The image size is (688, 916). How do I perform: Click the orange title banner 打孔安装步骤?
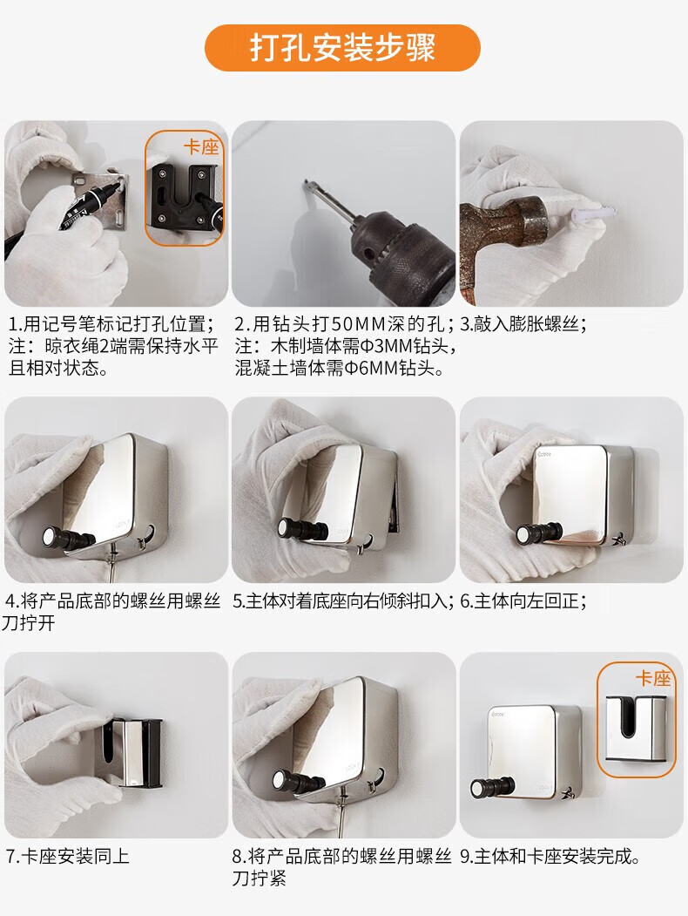[342, 47]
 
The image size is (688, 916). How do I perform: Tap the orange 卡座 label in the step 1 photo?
[201, 146]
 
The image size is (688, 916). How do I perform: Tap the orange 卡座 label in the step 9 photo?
[653, 678]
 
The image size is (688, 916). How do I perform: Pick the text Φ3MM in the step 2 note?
[387, 346]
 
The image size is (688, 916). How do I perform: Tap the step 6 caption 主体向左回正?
[525, 601]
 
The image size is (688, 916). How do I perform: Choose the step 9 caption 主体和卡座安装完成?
[552, 857]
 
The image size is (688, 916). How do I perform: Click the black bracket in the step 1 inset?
[183, 198]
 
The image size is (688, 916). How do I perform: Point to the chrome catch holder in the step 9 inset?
[636, 729]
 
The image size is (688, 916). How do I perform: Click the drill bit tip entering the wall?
[304, 185]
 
